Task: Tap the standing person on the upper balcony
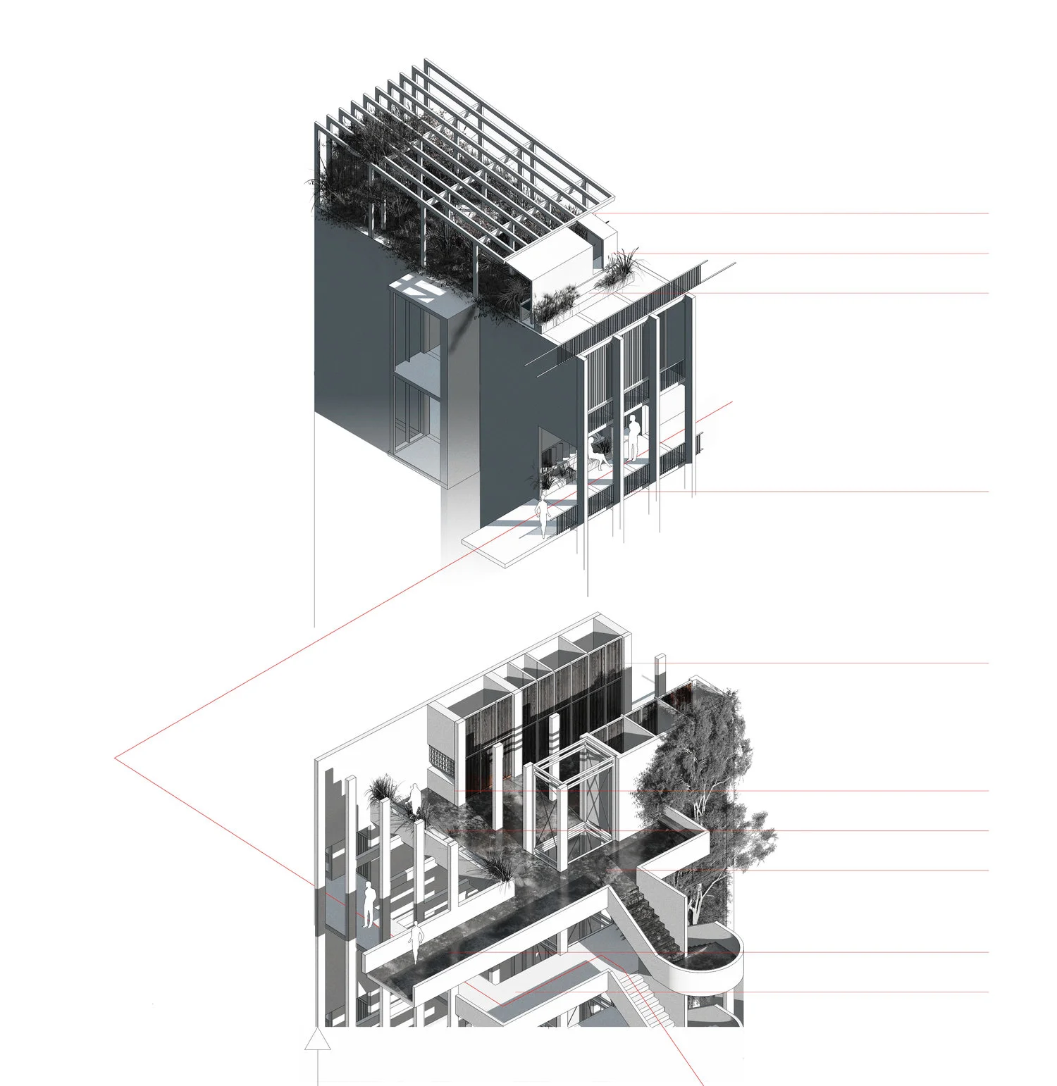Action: (633, 437)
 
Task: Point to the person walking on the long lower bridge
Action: (416, 941)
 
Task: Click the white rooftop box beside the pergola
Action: (549, 270)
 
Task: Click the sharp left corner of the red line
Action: (116, 759)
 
